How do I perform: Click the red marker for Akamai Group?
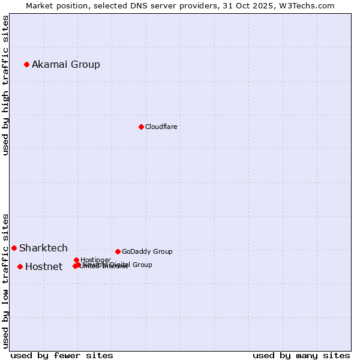pyautogui.click(x=26, y=64)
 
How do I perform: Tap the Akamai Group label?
pyautogui.click(x=66, y=64)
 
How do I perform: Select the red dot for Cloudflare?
pyautogui.click(x=141, y=127)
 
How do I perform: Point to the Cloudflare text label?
pyautogui.click(x=161, y=127)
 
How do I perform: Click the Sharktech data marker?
pyautogui.click(x=14, y=248)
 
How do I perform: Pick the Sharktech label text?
pyautogui.click(x=43, y=248)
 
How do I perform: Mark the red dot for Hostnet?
pyautogui.click(x=20, y=266)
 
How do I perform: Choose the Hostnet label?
pyautogui.click(x=44, y=266)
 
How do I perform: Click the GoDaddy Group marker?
pyautogui.click(x=118, y=251)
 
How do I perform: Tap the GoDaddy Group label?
pyautogui.click(x=147, y=251)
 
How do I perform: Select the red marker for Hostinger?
pyautogui.click(x=76, y=260)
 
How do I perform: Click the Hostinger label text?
pyautogui.click(x=95, y=260)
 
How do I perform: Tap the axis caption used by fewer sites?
pyautogui.click(x=62, y=355)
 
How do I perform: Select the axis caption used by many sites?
pyautogui.click(x=301, y=355)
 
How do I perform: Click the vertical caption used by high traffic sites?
pyautogui.click(x=6, y=86)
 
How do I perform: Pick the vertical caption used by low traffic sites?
pyautogui.click(x=6, y=280)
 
